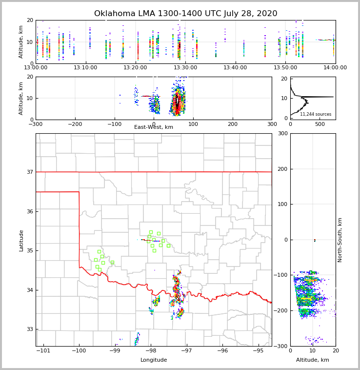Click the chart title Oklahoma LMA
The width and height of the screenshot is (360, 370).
[185, 14]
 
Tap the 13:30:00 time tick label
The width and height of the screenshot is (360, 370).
[185, 67]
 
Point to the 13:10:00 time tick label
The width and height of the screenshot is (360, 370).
[86, 67]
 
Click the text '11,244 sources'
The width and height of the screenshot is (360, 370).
[316, 114]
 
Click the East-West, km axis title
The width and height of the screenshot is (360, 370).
[154, 127]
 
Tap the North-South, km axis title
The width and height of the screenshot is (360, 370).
[340, 240]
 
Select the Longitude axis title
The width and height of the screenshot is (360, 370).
[154, 360]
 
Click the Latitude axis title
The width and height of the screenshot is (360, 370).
[21, 240]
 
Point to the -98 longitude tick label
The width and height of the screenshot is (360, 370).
[151, 350]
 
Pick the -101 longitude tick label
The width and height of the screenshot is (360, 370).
[44, 350]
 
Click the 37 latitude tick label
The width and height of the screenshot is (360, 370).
[29, 172]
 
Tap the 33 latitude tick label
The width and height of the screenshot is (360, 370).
[29, 329]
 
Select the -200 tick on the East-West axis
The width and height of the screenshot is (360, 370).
[75, 124]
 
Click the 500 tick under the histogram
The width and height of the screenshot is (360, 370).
[320, 124]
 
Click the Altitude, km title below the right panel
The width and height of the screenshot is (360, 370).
[313, 360]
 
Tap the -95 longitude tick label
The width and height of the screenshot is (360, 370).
[258, 350]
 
